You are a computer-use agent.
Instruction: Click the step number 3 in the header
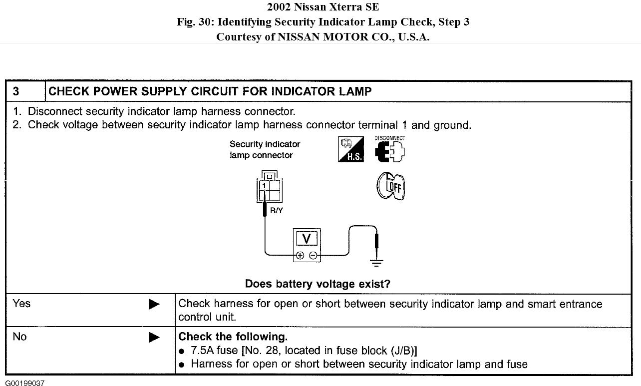pos(16,91)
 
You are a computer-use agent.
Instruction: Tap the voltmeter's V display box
pos(307,239)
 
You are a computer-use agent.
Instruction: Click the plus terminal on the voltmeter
pos(300,255)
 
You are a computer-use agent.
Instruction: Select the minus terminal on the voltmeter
pos(313,255)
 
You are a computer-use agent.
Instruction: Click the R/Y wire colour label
pos(276,210)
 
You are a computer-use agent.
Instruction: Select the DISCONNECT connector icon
pos(390,149)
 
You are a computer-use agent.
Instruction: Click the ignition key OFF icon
pos(390,186)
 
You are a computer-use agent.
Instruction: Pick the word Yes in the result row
pos(21,304)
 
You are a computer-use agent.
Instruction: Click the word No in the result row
pos(19,337)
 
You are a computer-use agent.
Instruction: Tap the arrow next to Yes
pos(154,304)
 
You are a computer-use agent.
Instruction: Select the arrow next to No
pos(154,338)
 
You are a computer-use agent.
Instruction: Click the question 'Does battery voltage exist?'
pos(318,284)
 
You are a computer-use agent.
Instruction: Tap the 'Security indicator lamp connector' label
pos(265,149)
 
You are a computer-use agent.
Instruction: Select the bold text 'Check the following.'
pos(233,337)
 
